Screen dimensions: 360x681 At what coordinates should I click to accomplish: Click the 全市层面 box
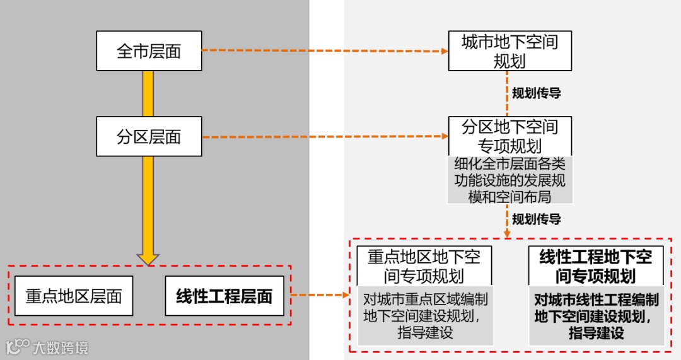click(x=149, y=51)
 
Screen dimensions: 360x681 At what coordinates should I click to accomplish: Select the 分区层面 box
click(x=149, y=136)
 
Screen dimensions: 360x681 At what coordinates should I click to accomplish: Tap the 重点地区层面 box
click(x=74, y=296)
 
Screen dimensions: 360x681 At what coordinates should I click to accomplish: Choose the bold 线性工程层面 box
click(x=224, y=296)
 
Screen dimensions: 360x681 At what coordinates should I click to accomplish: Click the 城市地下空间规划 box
click(x=509, y=51)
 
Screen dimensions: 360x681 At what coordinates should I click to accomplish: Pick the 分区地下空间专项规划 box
click(x=509, y=135)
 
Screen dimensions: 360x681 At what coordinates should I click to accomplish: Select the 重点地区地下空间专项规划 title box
click(x=424, y=265)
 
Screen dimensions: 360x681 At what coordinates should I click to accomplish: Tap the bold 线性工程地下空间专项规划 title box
click(x=595, y=265)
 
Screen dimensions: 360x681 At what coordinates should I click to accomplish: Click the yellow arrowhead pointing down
click(x=148, y=257)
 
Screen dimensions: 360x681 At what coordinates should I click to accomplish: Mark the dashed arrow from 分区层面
click(x=324, y=136)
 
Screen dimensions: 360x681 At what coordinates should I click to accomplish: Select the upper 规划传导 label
click(x=536, y=93)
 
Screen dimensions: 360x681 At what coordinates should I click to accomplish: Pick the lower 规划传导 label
click(x=536, y=219)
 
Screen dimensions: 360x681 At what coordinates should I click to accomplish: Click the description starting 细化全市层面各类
click(x=509, y=180)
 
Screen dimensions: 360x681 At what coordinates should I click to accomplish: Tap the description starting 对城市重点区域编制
click(x=424, y=316)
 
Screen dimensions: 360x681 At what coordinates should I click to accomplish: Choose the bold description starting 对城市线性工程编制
click(x=596, y=316)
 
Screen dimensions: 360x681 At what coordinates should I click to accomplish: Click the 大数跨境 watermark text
click(x=61, y=347)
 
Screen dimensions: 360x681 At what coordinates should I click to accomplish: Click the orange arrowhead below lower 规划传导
click(x=507, y=234)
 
